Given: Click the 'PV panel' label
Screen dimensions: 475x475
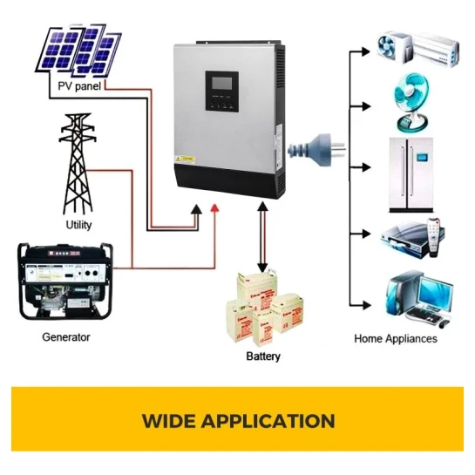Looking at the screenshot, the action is click(79, 86).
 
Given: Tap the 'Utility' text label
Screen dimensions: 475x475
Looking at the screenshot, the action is click(78, 225).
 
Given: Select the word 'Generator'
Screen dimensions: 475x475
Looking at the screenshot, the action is click(66, 337).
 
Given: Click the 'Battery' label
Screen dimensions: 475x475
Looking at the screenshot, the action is click(263, 356).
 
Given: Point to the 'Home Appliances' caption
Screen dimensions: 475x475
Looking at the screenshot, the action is click(396, 338).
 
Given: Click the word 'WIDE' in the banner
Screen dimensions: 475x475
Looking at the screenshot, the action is click(168, 421).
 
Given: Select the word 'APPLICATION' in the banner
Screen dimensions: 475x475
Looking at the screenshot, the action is click(268, 421).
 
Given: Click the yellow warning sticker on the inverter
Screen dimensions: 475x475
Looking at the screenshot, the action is click(185, 159).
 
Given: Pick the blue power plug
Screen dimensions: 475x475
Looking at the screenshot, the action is click(316, 148).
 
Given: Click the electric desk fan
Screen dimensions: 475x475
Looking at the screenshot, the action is click(411, 102).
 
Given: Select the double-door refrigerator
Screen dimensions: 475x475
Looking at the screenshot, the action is click(411, 175).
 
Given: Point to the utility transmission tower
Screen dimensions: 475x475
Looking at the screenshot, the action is click(78, 163).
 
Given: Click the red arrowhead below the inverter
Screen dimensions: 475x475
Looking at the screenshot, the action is click(214, 207).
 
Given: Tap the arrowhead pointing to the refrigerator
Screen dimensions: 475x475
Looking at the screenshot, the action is click(366, 167).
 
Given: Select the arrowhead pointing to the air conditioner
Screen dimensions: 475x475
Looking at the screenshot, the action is click(366, 51).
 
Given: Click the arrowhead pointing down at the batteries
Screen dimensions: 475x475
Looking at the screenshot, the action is click(262, 268).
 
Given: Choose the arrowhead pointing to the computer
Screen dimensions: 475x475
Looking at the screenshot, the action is click(367, 305).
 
